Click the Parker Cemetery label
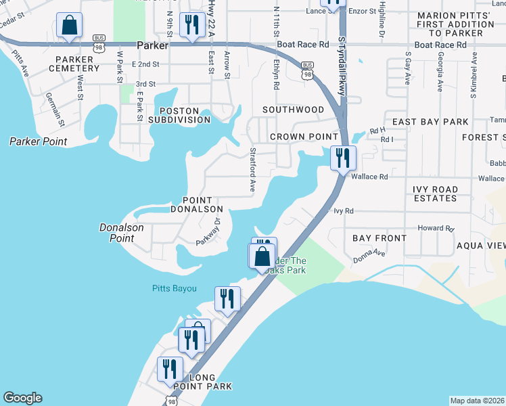[x=78, y=63]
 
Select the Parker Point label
[x=38, y=142]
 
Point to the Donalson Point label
[x=121, y=233]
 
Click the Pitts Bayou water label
[x=173, y=289]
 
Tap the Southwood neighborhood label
[x=293, y=110]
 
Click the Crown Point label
[x=294, y=137]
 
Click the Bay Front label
[x=379, y=238]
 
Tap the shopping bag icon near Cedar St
[x=69, y=26]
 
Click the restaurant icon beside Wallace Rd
[x=343, y=158]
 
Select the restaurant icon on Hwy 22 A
[x=193, y=26]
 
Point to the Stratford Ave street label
[x=252, y=169]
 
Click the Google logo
[x=22, y=398]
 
